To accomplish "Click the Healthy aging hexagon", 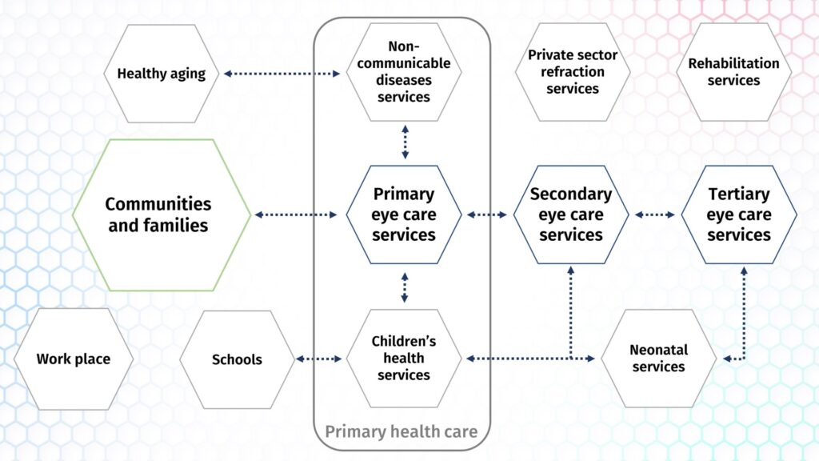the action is pyautogui.click(x=161, y=74).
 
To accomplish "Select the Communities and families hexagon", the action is pyautogui.click(x=162, y=214).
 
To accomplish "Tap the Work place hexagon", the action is pyautogui.click(x=73, y=359).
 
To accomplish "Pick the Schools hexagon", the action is pyautogui.click(x=237, y=359).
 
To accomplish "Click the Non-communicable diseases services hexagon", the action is pyautogui.click(x=404, y=72).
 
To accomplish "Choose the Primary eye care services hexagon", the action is pyautogui.click(x=404, y=214).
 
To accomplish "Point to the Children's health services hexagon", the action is pyautogui.click(x=404, y=359).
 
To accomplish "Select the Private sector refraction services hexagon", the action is pyautogui.click(x=573, y=72).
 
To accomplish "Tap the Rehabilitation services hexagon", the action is pyautogui.click(x=734, y=72).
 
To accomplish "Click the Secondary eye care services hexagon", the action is pyautogui.click(x=571, y=214).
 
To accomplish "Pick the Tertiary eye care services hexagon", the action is pyautogui.click(x=739, y=214).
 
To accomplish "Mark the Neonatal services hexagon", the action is pyautogui.click(x=659, y=359).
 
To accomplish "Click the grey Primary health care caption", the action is pyautogui.click(x=402, y=431).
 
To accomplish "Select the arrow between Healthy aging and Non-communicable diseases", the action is pyautogui.click(x=282, y=74).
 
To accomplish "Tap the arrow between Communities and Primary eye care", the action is pyautogui.click(x=296, y=214).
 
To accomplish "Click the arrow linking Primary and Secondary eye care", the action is pyautogui.click(x=487, y=214).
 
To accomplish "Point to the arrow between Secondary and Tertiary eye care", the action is pyautogui.click(x=655, y=214).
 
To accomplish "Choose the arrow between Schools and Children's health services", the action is pyautogui.click(x=318, y=359).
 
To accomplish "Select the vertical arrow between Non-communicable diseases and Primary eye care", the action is pyautogui.click(x=406, y=142).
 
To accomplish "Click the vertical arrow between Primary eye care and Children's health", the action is pyautogui.click(x=405, y=287).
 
